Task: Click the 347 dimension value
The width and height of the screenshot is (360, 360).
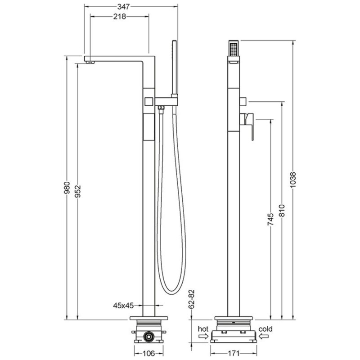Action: [x=123, y=7]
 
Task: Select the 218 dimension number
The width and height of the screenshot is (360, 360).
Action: [x=120, y=17]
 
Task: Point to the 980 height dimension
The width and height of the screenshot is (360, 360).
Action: [x=67, y=188]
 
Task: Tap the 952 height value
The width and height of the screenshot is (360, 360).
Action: [x=77, y=191]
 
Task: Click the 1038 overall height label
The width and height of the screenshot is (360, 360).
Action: [x=293, y=180]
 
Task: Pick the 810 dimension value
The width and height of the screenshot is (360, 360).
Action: [x=282, y=211]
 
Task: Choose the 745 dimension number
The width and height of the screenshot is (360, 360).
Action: [x=271, y=219]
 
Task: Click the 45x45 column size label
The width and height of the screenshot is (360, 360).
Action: [x=123, y=306]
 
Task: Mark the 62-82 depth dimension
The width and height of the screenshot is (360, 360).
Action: [x=192, y=299]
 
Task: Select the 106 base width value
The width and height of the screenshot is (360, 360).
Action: [x=148, y=353]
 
